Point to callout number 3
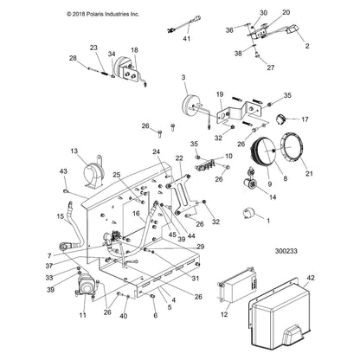click(x=183, y=79)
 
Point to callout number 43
click(x=63, y=170)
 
